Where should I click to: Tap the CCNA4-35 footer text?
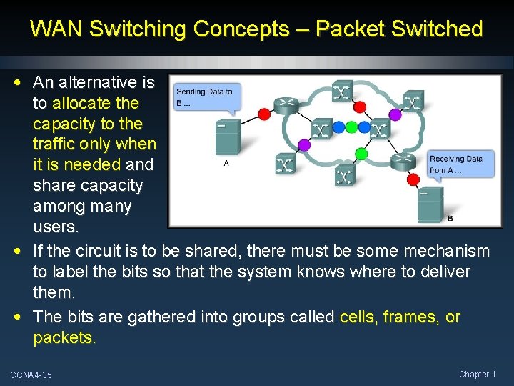click(x=31, y=375)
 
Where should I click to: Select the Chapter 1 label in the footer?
click(x=478, y=375)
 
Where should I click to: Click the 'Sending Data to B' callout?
click(x=207, y=96)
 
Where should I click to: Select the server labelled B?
click(x=431, y=203)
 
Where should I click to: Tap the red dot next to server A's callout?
click(x=263, y=114)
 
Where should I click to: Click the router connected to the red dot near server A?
click(x=286, y=104)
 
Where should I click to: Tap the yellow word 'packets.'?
click(x=64, y=337)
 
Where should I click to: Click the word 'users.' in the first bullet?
click(x=55, y=227)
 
